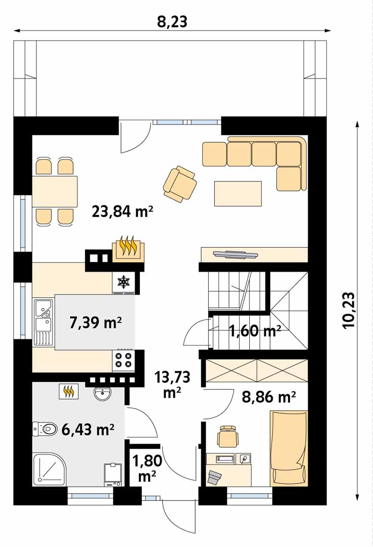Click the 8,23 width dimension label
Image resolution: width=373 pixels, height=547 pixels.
[x=172, y=22]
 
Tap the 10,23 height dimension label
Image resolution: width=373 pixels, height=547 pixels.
[x=349, y=309]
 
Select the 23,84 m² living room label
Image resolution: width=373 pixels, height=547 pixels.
[x=123, y=211]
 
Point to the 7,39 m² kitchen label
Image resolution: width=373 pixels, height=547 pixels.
[x=96, y=323]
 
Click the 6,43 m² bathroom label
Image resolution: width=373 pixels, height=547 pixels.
[x=88, y=429]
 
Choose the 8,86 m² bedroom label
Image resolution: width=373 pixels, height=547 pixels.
[x=269, y=397]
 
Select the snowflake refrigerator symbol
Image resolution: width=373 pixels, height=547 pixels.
[x=123, y=282]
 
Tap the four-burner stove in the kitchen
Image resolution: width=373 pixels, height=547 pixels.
[x=123, y=361]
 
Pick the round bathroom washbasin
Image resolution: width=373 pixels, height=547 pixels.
[x=102, y=394]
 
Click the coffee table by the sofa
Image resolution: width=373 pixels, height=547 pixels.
[x=238, y=193]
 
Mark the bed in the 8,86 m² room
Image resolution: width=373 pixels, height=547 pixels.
[x=289, y=448]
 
